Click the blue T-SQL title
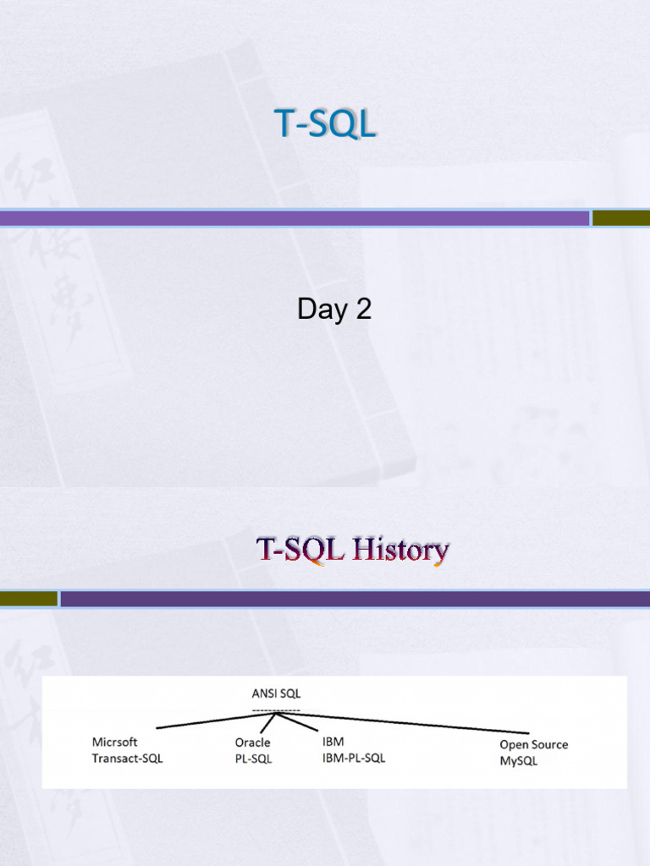tap(325, 123)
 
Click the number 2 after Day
tap(364, 309)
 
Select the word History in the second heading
tap(400, 550)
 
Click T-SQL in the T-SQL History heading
tap(300, 550)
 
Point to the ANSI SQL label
tap(277, 693)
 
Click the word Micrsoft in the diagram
tap(114, 742)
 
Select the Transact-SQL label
tap(127, 759)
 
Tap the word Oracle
tap(252, 743)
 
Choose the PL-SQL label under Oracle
tap(253, 759)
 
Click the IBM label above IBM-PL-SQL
tap(333, 741)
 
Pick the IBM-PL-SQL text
tap(354, 758)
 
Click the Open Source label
tap(534, 744)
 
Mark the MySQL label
tap(519, 761)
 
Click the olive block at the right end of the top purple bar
tap(621, 218)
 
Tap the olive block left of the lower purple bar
tap(29, 599)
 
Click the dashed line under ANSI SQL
tap(277, 710)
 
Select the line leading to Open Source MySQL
tap(403, 723)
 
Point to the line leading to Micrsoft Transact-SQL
tap(217, 721)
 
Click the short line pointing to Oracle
tap(268, 723)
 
